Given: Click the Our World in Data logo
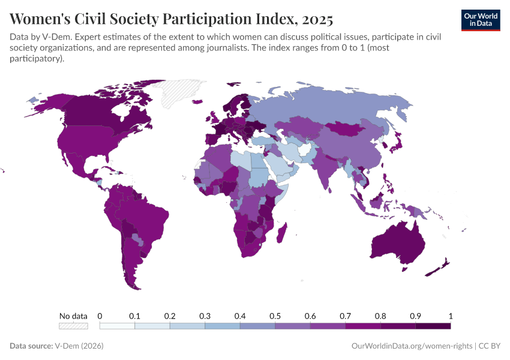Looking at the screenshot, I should click(x=480, y=20).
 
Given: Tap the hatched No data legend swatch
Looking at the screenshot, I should click(x=73, y=326).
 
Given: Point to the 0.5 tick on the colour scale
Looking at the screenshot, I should click(x=275, y=316).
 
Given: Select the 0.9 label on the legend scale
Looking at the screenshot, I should click(x=415, y=316).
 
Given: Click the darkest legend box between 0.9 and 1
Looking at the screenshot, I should click(x=433, y=326).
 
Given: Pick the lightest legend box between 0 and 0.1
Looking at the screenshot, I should click(x=117, y=326).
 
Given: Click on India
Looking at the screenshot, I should click(x=328, y=171).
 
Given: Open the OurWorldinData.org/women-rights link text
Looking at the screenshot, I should click(x=411, y=346).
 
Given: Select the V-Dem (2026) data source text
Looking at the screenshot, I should click(x=78, y=346).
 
